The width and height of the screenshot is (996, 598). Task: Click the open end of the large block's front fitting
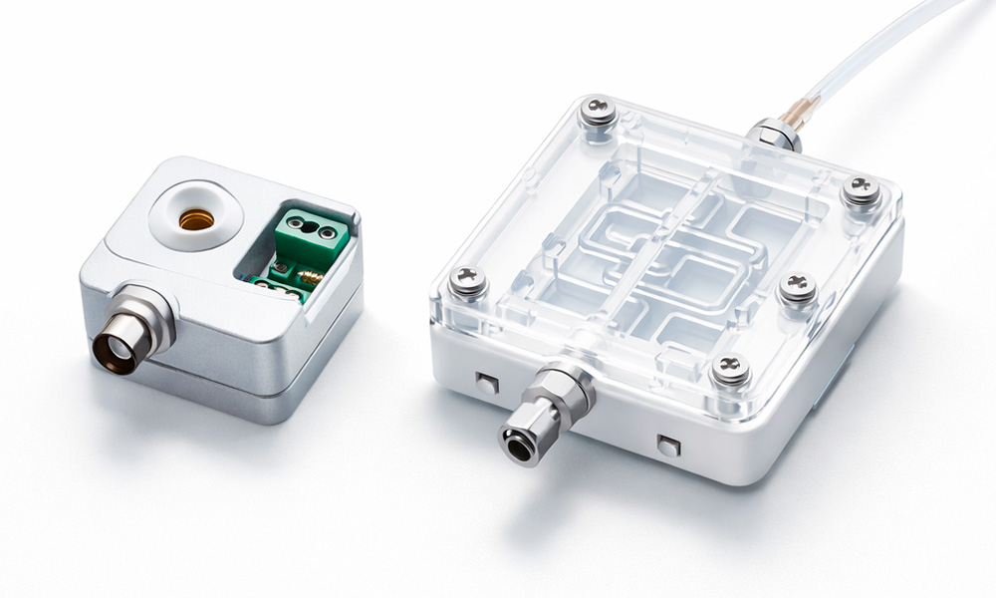pos(516,440)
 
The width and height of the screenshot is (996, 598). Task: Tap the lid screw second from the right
pos(798,288)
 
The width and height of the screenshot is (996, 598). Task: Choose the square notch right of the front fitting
pos(667,445)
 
